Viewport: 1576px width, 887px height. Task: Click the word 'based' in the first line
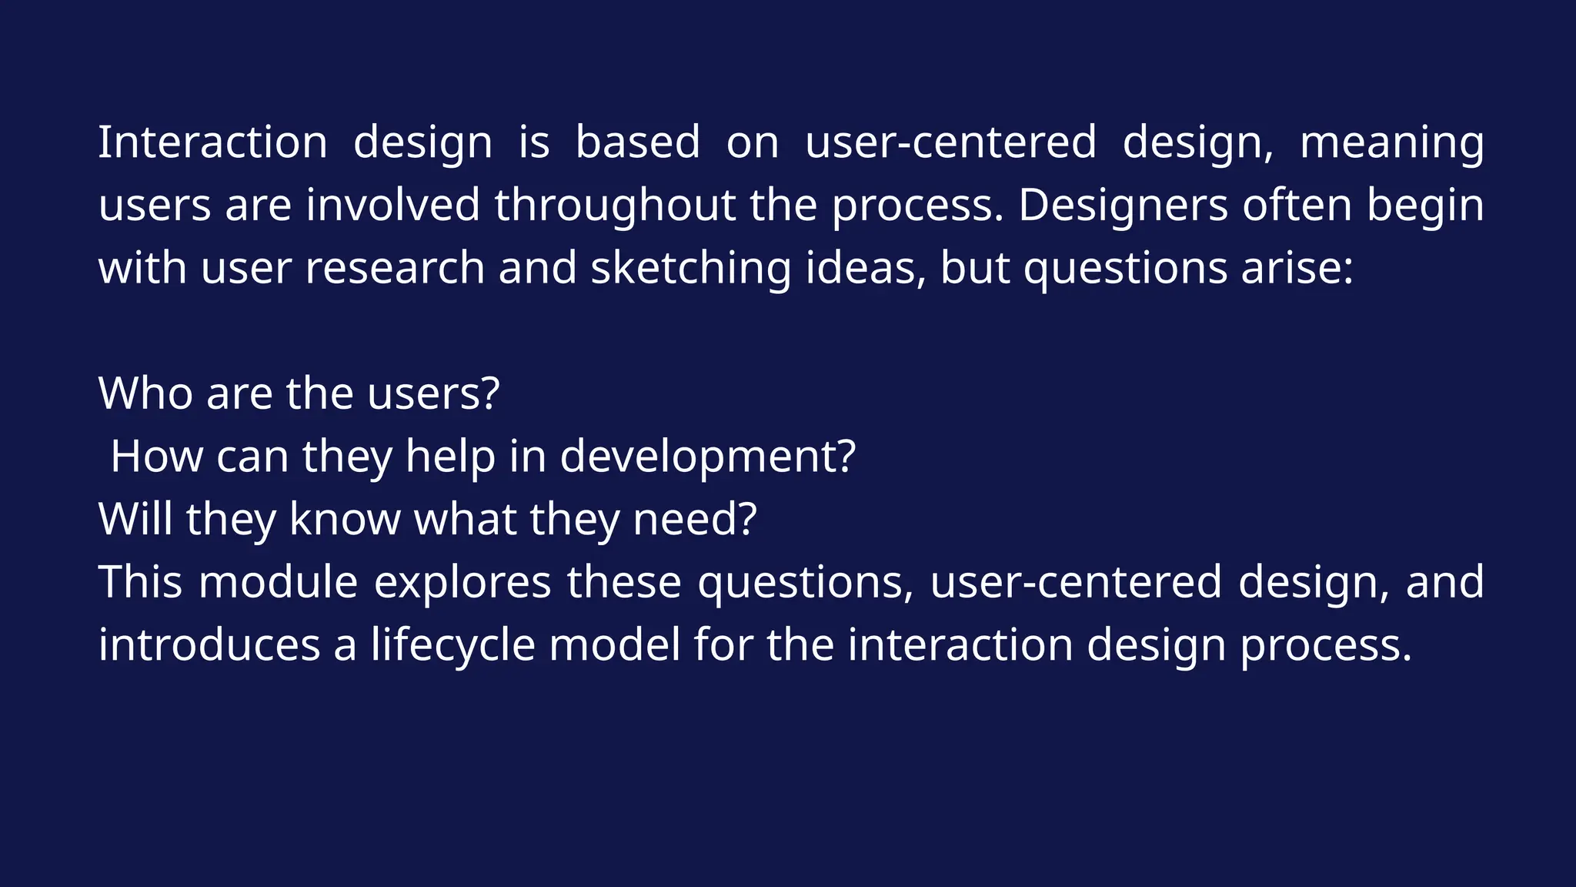coord(638,142)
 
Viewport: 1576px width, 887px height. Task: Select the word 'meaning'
coord(1391,144)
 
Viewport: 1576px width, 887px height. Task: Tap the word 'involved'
coord(393,206)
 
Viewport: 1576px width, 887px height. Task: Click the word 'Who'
coord(145,393)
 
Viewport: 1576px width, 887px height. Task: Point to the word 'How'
coord(156,457)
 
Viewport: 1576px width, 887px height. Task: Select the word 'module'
coord(279,582)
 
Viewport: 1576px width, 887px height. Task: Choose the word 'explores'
coord(462,582)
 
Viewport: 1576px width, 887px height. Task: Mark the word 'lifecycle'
coord(452,645)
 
